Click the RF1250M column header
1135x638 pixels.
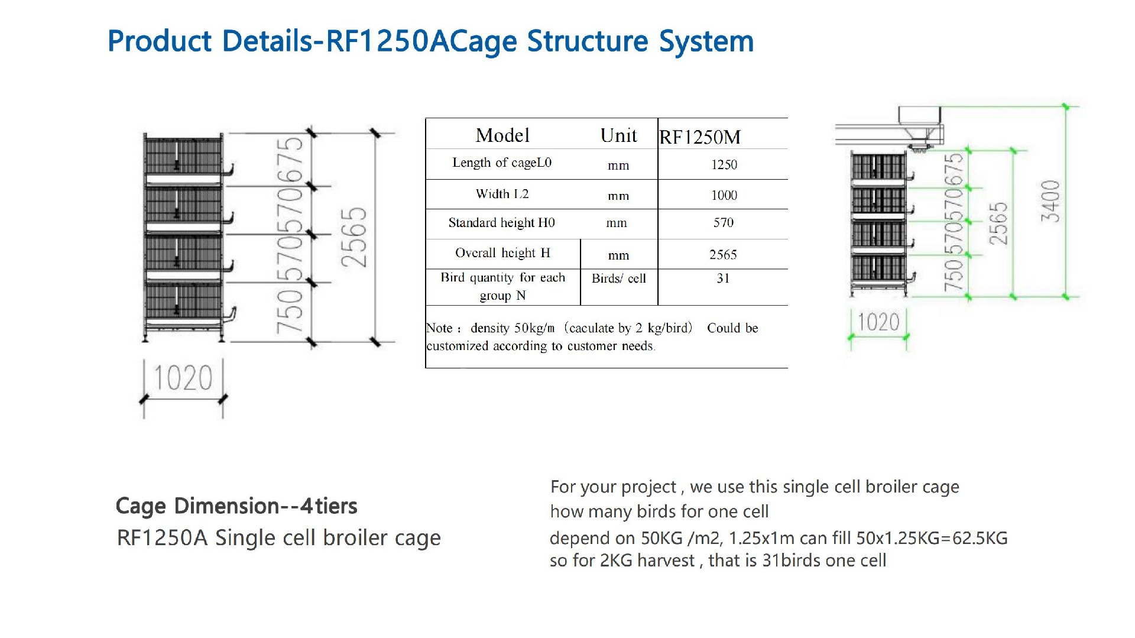pos(700,137)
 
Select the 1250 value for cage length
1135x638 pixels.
pos(724,164)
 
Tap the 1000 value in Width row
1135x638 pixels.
pos(724,195)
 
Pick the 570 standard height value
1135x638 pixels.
pos(723,222)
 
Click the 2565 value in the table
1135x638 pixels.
pos(723,254)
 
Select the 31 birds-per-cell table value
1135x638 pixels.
pos(723,278)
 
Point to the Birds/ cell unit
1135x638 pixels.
pos(618,278)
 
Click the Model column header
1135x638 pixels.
pos(502,135)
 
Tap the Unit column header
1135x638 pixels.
pos(618,135)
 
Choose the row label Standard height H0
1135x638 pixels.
pos(501,223)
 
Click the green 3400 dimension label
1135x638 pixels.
pos(1050,201)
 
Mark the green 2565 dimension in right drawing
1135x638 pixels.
pos(998,224)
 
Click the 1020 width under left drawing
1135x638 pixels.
pos(183,378)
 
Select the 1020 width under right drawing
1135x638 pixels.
pos(878,323)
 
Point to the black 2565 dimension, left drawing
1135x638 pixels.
pos(354,237)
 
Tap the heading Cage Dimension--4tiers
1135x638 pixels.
pos(236,506)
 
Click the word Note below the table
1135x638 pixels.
pos(439,328)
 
